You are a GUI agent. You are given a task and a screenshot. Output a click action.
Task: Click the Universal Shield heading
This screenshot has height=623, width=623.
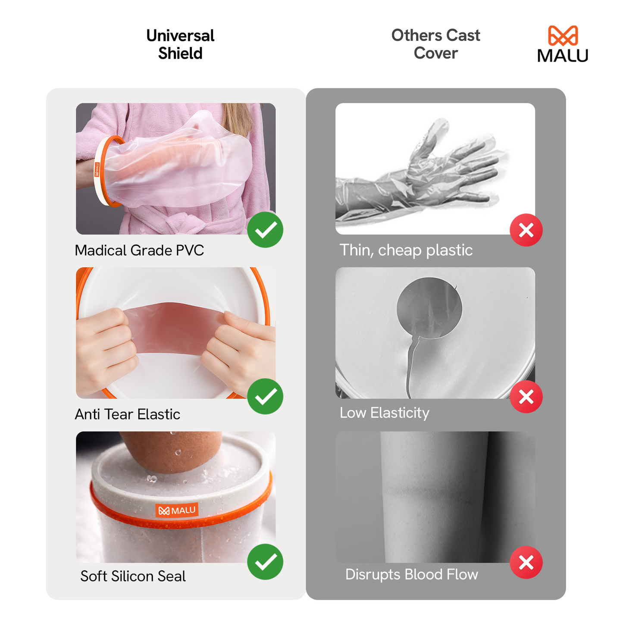[180, 44]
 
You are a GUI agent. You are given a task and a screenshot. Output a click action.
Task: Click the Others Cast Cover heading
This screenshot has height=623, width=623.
[435, 44]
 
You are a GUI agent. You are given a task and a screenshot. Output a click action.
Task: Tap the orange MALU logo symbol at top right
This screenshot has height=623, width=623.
[563, 36]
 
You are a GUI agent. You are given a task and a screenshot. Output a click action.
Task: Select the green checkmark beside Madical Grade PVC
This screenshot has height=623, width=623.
[265, 230]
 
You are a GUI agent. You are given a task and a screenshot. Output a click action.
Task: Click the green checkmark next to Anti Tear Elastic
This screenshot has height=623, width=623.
[265, 396]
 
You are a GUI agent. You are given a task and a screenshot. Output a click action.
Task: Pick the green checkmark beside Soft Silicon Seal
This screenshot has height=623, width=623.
[265, 562]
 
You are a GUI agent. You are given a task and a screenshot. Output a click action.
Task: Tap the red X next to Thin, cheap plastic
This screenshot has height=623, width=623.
[526, 230]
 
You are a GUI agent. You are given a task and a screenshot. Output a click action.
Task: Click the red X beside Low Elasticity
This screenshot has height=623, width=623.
[526, 397]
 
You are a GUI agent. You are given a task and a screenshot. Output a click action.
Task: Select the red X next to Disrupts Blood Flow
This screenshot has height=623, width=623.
[526, 562]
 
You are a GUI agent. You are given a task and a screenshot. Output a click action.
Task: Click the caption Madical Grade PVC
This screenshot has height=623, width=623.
[139, 250]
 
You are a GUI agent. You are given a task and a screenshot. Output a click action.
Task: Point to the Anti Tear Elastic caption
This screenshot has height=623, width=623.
[128, 414]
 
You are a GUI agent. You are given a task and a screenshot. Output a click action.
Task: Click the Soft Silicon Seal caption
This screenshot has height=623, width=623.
[133, 576]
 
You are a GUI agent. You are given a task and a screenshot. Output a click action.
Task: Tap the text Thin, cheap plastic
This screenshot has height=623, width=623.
[406, 250]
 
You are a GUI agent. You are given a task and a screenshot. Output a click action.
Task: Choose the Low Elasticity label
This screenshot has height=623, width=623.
[385, 413]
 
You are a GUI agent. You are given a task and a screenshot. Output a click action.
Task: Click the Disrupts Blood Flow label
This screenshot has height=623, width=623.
[412, 575]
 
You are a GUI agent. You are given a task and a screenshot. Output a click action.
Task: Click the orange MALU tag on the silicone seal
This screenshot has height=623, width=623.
[177, 510]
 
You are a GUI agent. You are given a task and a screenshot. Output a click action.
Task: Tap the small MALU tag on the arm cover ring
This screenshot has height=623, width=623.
[97, 169]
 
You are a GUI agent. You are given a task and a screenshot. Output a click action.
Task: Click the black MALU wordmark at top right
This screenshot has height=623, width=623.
[563, 56]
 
